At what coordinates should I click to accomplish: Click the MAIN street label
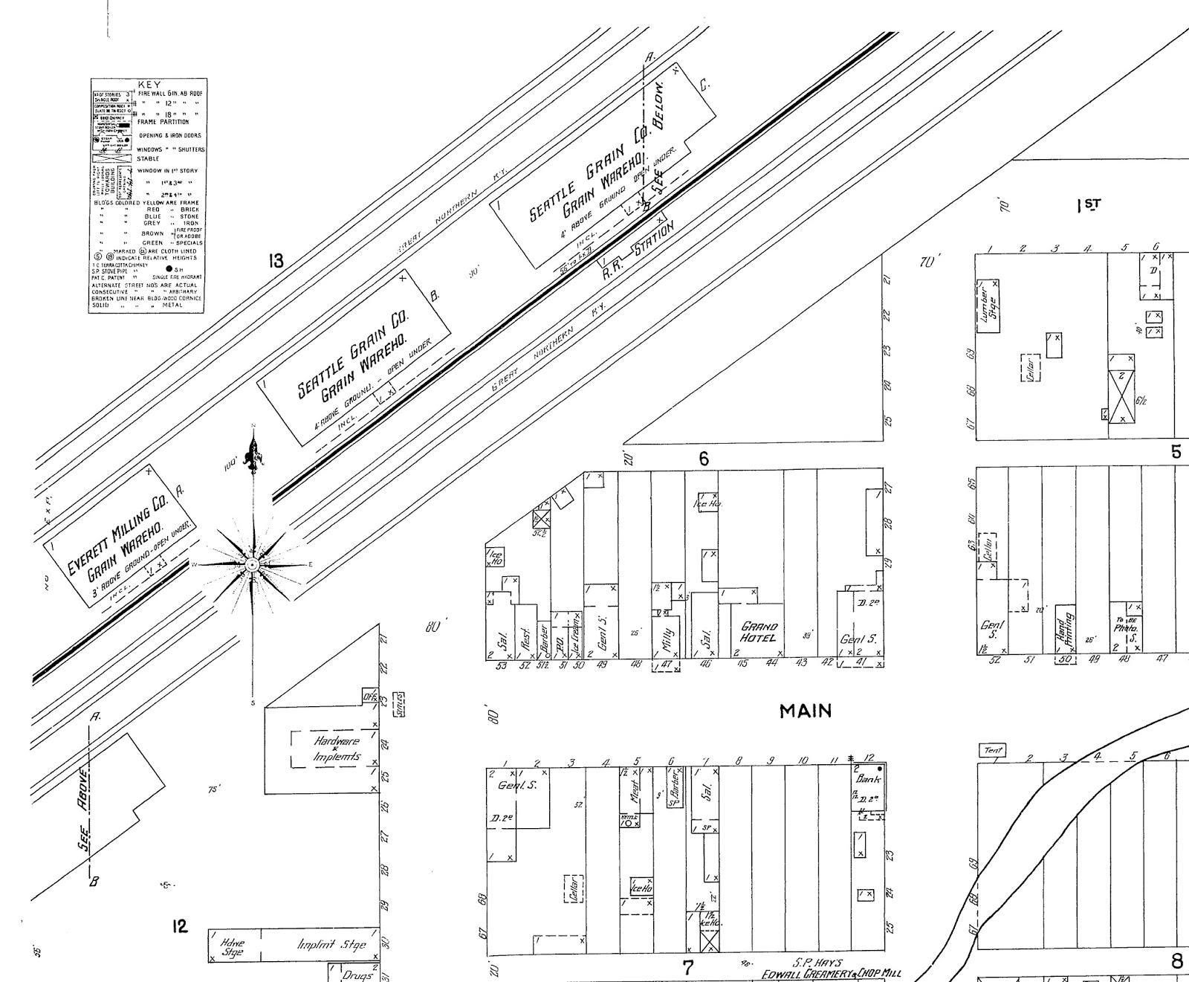[805, 711]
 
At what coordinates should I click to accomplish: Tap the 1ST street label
[1089, 206]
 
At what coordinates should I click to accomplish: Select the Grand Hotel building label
[758, 633]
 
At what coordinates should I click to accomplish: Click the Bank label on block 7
[868, 780]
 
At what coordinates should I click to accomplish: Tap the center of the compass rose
[253, 566]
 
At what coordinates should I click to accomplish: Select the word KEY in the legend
[149, 85]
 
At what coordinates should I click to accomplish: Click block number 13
[276, 260]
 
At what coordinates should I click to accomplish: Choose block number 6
[703, 459]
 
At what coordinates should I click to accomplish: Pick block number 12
[180, 926]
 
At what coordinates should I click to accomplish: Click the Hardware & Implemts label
[337, 749]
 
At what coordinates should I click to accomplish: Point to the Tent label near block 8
[993, 751]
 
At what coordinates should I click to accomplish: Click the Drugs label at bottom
[356, 975]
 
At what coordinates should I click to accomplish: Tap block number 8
[1176, 961]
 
